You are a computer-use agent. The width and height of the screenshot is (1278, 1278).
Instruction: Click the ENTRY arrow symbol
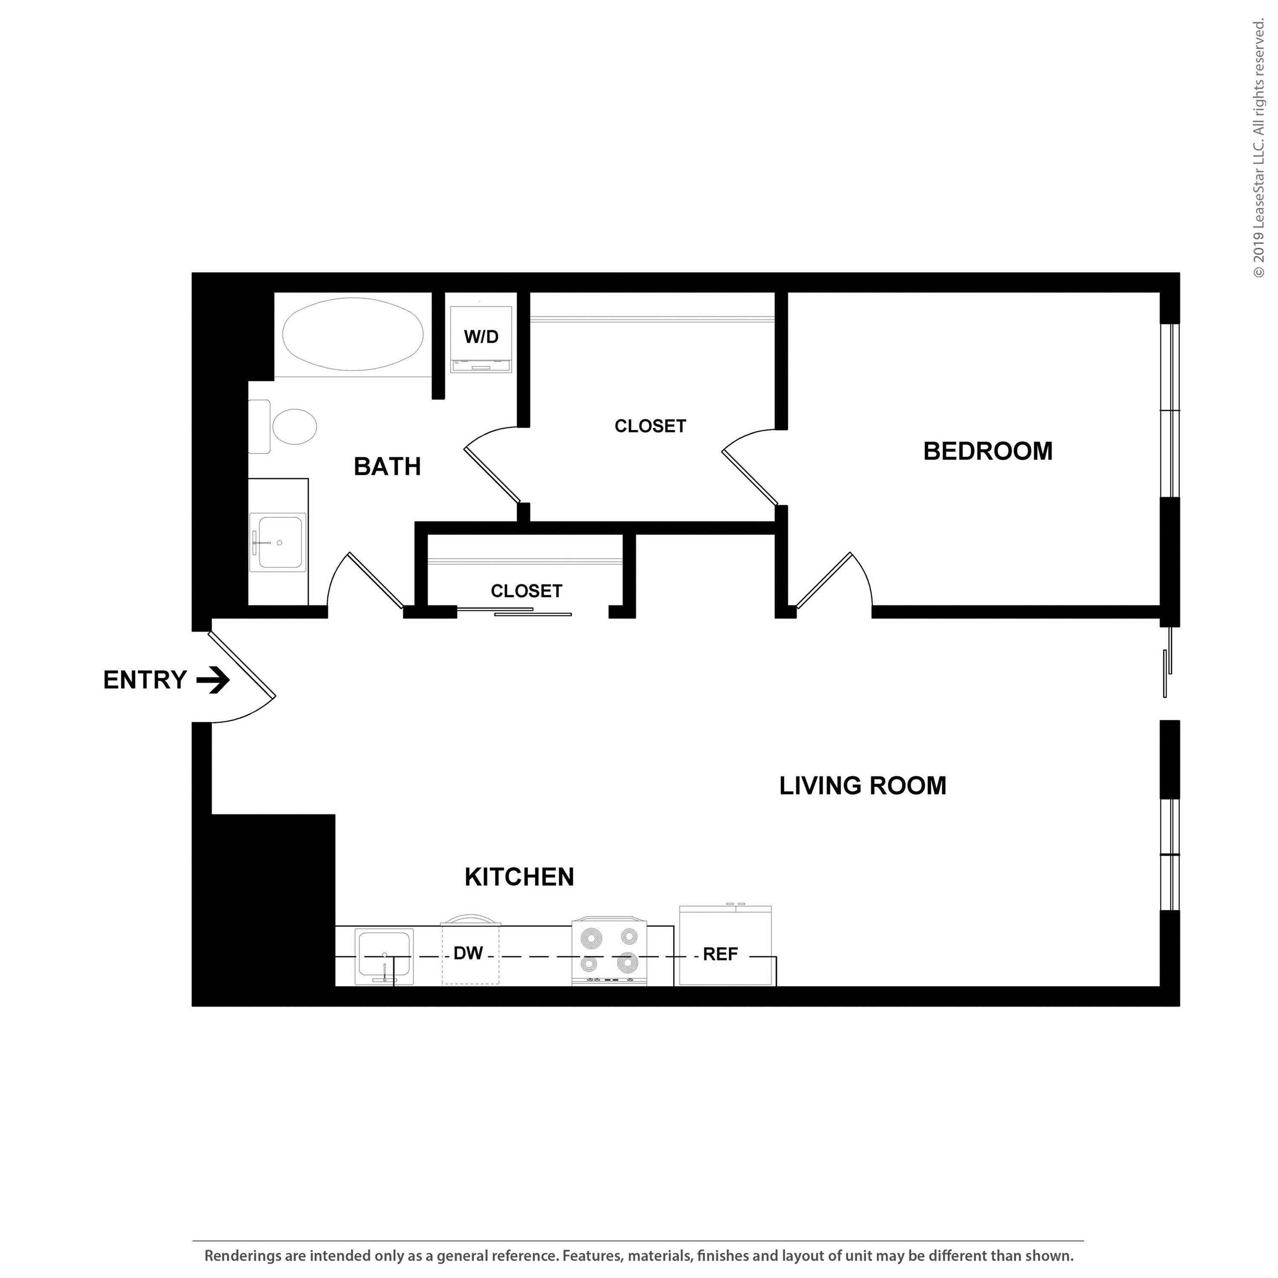pos(214,680)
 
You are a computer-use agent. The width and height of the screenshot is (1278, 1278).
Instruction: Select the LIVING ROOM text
pos(863,786)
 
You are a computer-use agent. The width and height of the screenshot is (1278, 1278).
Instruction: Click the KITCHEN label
pos(519,877)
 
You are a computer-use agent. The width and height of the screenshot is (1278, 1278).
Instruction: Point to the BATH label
pos(387,467)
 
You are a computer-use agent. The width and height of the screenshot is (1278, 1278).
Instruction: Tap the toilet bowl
pos(294,427)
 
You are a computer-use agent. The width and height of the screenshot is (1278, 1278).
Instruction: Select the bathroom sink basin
pos(280,542)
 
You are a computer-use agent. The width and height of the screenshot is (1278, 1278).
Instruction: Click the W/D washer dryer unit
pos(481,338)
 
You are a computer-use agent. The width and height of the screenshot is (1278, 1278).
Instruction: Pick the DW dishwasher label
pos(468,953)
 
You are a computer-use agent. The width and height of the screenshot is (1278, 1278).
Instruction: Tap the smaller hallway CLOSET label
pos(527,591)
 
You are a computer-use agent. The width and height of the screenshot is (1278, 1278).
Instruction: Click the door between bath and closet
pos(493,474)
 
